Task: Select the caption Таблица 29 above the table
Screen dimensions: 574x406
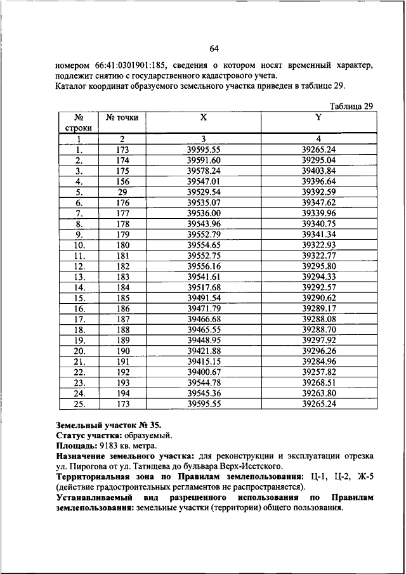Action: coord(351,105)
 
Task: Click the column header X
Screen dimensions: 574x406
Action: coord(204,117)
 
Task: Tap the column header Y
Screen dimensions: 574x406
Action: coord(318,117)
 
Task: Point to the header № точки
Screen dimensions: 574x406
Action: coord(122,117)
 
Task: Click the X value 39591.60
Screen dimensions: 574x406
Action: coord(204,160)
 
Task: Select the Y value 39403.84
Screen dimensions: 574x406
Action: coord(318,171)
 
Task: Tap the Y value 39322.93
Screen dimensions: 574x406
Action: coord(318,244)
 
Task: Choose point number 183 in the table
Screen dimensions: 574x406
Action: coord(122,277)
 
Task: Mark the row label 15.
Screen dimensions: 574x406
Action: coord(79,297)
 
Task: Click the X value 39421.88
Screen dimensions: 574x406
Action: coord(204,351)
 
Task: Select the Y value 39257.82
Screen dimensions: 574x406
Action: coord(318,372)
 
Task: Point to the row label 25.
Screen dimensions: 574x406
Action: coord(79,403)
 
